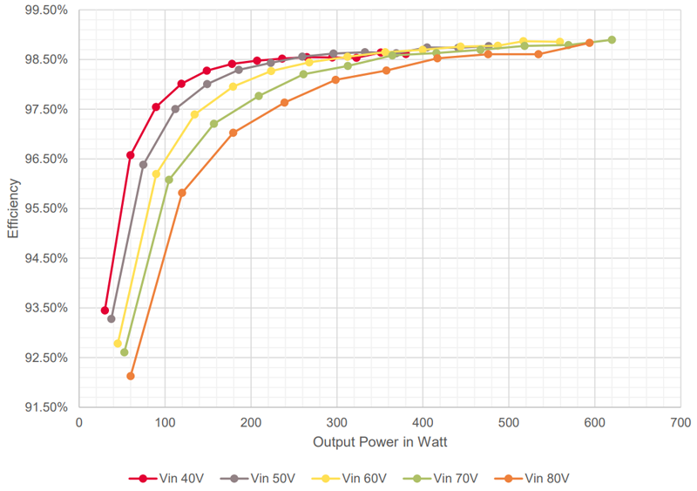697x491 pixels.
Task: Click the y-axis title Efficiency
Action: (x=13, y=208)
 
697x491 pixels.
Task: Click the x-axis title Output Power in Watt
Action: (x=380, y=443)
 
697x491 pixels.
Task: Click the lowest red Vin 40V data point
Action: (x=105, y=310)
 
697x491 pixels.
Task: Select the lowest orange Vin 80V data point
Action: (x=131, y=376)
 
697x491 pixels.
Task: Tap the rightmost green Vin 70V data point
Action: (x=612, y=40)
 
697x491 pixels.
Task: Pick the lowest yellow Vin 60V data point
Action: (x=118, y=344)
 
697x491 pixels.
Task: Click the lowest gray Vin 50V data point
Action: (x=112, y=319)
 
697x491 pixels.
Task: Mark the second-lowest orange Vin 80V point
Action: (x=182, y=193)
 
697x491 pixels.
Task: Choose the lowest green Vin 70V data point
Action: (x=124, y=352)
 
